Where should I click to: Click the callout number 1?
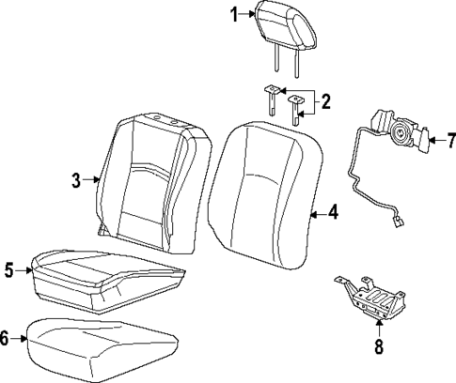pos(235,13)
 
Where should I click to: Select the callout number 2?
pos(325,101)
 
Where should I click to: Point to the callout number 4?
pos(332,213)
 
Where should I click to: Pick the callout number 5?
pos(9,270)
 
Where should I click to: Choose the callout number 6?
pos(7,339)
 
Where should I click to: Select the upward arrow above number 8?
pos(379,328)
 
